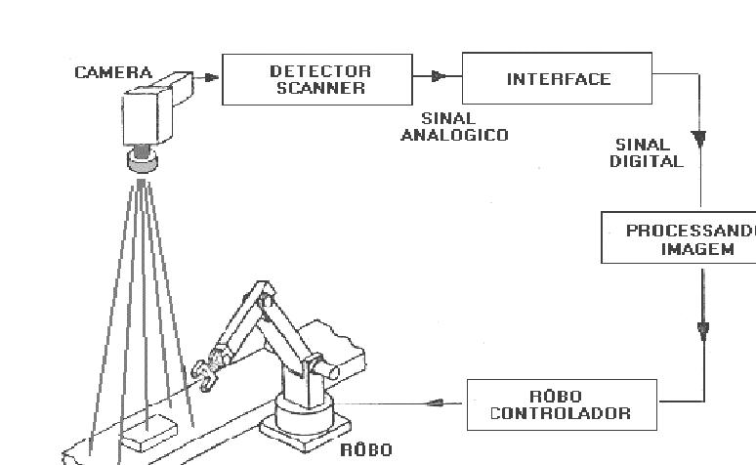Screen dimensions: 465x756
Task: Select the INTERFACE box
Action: [558, 79]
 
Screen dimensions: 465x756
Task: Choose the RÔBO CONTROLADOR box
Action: [561, 404]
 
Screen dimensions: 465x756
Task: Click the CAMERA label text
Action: [113, 72]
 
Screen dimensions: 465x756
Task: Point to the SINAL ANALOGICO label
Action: [454, 127]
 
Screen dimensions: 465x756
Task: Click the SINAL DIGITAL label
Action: [647, 153]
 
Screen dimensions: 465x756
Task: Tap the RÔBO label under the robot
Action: [365, 450]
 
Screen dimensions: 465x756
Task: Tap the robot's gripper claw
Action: [206, 374]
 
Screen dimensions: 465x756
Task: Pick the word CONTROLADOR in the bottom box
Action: [561, 413]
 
